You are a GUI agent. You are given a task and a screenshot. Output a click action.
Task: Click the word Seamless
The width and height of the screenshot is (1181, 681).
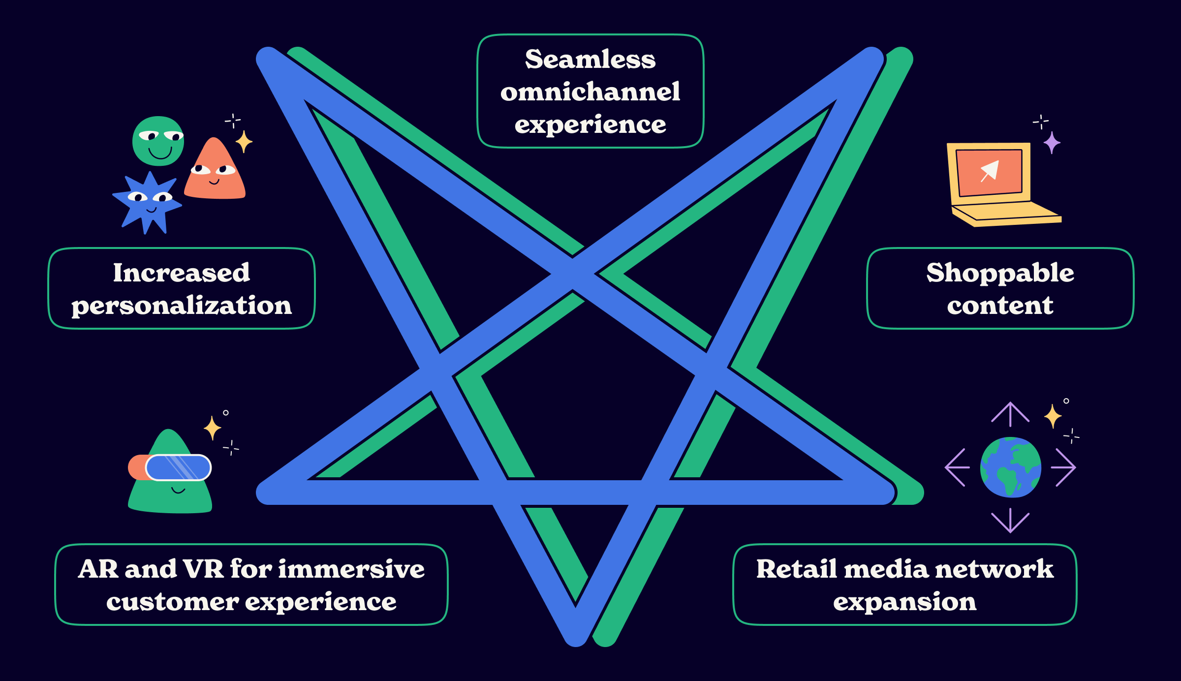pos(590,60)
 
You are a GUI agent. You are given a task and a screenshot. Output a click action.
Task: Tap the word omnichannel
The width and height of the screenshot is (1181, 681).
pos(590,92)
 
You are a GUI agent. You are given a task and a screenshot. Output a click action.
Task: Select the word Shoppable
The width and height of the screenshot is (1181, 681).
pos(1000,274)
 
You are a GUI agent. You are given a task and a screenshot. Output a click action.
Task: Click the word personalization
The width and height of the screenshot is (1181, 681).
pos(182,306)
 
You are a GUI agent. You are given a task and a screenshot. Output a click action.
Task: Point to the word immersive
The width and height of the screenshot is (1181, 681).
pos(351,569)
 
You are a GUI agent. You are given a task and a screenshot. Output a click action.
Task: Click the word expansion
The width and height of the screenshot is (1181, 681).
pos(904,602)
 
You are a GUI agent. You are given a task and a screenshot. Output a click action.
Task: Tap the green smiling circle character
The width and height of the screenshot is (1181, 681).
pos(158,141)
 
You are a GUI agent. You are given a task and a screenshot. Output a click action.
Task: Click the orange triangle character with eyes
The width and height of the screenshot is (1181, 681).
pos(215,172)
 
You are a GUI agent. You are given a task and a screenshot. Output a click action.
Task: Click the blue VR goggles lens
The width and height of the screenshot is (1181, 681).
pos(178,467)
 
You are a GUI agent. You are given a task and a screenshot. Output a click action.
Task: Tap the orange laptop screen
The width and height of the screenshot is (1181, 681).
pos(989,172)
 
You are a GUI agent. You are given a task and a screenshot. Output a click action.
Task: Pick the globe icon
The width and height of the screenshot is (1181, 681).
pos(1010,467)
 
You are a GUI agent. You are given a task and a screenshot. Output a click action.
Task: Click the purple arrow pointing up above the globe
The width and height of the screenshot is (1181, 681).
pos(1010,413)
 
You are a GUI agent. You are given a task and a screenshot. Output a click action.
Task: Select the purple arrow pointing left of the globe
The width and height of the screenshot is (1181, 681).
pos(957,467)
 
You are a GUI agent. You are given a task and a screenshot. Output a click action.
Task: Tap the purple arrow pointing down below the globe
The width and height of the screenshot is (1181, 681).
pos(1010,522)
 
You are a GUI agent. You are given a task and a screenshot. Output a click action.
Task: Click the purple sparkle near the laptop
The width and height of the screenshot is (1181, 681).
pos(1052,143)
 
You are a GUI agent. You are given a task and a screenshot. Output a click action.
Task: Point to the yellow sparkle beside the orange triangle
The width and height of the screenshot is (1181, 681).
pos(244,142)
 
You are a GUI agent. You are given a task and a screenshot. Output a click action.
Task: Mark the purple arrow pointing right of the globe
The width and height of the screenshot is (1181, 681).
pos(1064,467)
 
